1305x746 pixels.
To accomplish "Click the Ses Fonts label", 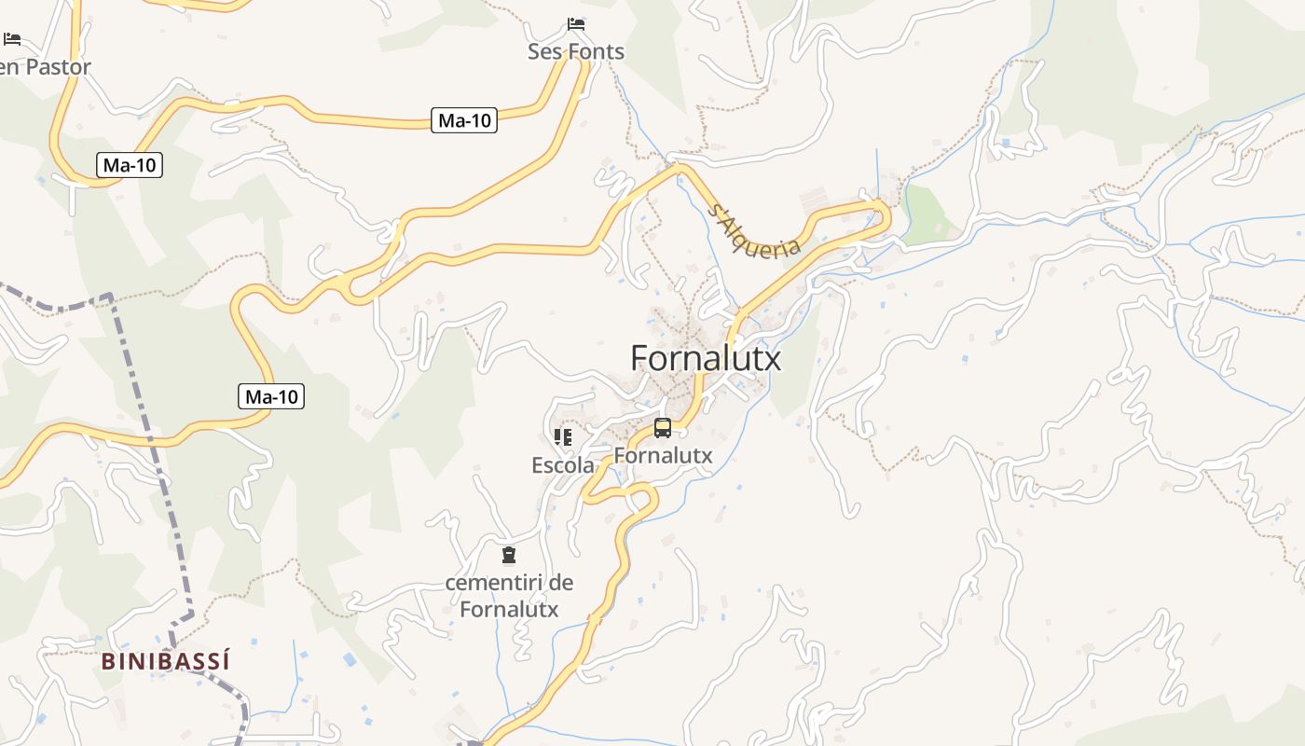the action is coord(576,52).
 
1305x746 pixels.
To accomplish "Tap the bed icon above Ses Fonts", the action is coord(576,23).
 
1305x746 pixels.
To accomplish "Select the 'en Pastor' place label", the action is coord(45,67).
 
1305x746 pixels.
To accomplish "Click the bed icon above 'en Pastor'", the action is coord(12,39).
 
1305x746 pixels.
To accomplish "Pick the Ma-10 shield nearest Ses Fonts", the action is coord(464,120).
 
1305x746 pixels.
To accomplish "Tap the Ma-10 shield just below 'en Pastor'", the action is coord(130,166).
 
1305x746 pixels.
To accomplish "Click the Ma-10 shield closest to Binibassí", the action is coord(271,397).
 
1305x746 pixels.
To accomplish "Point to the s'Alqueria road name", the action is coord(754,230).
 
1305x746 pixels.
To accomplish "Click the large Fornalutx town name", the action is coord(706,358).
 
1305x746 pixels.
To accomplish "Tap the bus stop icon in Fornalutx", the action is coord(663,428).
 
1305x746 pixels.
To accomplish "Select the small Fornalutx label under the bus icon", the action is coord(663,456).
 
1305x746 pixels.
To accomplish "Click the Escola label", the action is coord(563,465).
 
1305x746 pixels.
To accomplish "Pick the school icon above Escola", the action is coord(562,436).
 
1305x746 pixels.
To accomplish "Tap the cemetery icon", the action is coord(509,556).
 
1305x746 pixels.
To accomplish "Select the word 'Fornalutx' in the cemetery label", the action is coord(509,610).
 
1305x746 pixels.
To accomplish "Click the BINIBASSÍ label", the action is coord(165,662).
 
